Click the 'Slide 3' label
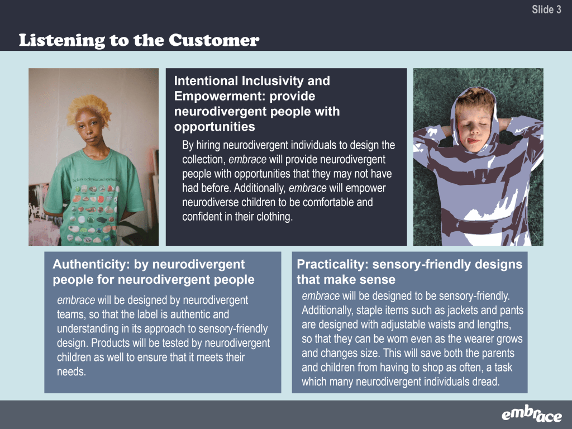tap(546, 9)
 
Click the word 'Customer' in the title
tap(214, 40)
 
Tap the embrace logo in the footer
tap(532, 414)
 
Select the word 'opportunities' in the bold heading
tap(214, 127)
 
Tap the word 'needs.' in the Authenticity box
tap(71, 371)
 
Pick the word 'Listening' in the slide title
tap(62, 41)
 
